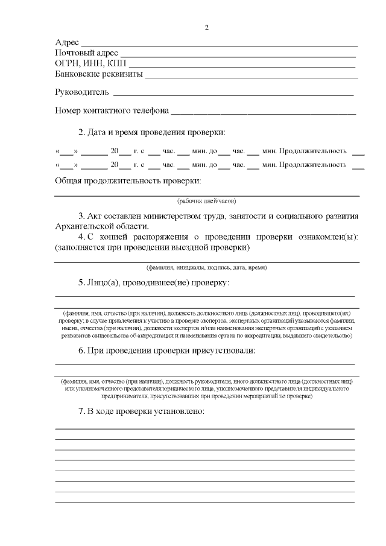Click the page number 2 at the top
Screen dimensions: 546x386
click(x=206, y=28)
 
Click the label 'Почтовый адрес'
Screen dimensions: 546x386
click(x=86, y=54)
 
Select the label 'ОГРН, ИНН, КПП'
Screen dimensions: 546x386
click(x=90, y=64)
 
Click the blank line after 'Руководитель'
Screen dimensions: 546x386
click(x=233, y=94)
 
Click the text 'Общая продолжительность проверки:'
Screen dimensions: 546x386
click(x=128, y=180)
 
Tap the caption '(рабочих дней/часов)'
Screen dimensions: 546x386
click(x=206, y=200)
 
